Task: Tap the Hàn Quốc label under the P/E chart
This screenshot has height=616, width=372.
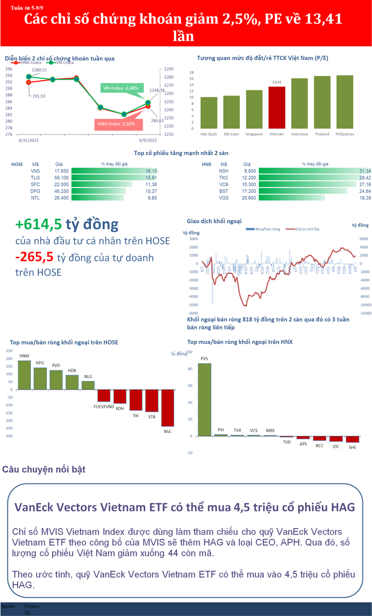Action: point(208,134)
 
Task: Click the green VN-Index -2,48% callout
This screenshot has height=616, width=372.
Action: point(120,88)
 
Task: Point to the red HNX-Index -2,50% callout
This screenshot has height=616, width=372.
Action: point(116,124)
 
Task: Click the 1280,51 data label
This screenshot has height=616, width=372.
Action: point(39,70)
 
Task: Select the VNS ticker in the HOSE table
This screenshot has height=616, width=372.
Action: point(35,171)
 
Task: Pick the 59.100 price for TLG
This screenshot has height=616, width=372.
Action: point(61,178)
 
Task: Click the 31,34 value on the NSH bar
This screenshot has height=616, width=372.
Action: point(365,171)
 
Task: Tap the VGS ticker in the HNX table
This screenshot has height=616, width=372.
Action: point(223,198)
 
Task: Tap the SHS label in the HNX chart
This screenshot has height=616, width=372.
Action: point(353,447)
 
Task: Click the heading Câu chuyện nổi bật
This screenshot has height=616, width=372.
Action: point(43,470)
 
